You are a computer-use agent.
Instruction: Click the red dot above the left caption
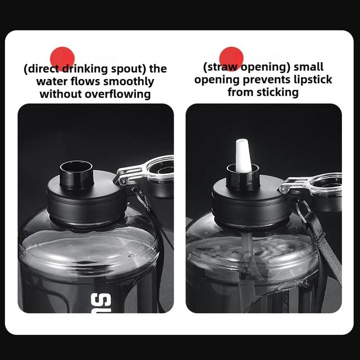click(x=62, y=58)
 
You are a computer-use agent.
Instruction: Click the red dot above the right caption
click(x=231, y=59)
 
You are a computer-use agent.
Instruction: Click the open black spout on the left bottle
click(x=76, y=175)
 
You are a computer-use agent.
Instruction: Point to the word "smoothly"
click(x=129, y=82)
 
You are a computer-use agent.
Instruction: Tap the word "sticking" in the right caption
click(x=278, y=92)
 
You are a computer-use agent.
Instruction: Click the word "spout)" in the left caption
click(x=129, y=69)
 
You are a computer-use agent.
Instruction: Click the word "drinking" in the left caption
click(x=85, y=69)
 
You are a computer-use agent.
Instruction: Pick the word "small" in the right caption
click(x=309, y=67)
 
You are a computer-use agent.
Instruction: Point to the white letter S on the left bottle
click(x=101, y=302)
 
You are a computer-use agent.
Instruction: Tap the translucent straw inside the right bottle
click(x=246, y=264)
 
